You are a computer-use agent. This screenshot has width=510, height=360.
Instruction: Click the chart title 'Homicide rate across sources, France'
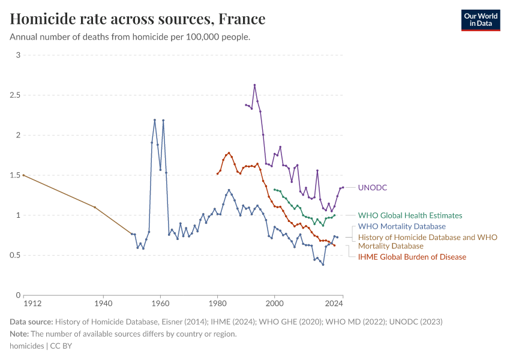click(137, 19)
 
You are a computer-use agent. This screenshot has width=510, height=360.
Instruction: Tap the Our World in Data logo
click(480, 20)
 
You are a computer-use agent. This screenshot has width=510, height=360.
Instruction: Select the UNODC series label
click(372, 187)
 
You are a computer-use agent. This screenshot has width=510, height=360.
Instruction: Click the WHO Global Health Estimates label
click(410, 215)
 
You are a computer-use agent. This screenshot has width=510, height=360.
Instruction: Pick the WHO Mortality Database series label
click(401, 226)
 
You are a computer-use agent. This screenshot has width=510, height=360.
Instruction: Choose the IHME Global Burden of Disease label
click(412, 257)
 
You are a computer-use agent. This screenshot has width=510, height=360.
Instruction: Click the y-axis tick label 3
click(18, 55)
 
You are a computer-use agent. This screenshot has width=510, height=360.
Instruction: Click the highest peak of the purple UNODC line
click(254, 85)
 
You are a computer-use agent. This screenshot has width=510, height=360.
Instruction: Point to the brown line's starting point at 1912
click(23, 175)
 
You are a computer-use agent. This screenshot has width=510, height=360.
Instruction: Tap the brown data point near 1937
click(95, 207)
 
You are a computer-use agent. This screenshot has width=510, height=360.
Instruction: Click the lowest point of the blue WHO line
click(323, 265)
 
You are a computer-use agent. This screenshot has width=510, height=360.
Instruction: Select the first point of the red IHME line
click(217, 173)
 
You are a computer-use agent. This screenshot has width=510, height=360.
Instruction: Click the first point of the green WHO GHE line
click(274, 190)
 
